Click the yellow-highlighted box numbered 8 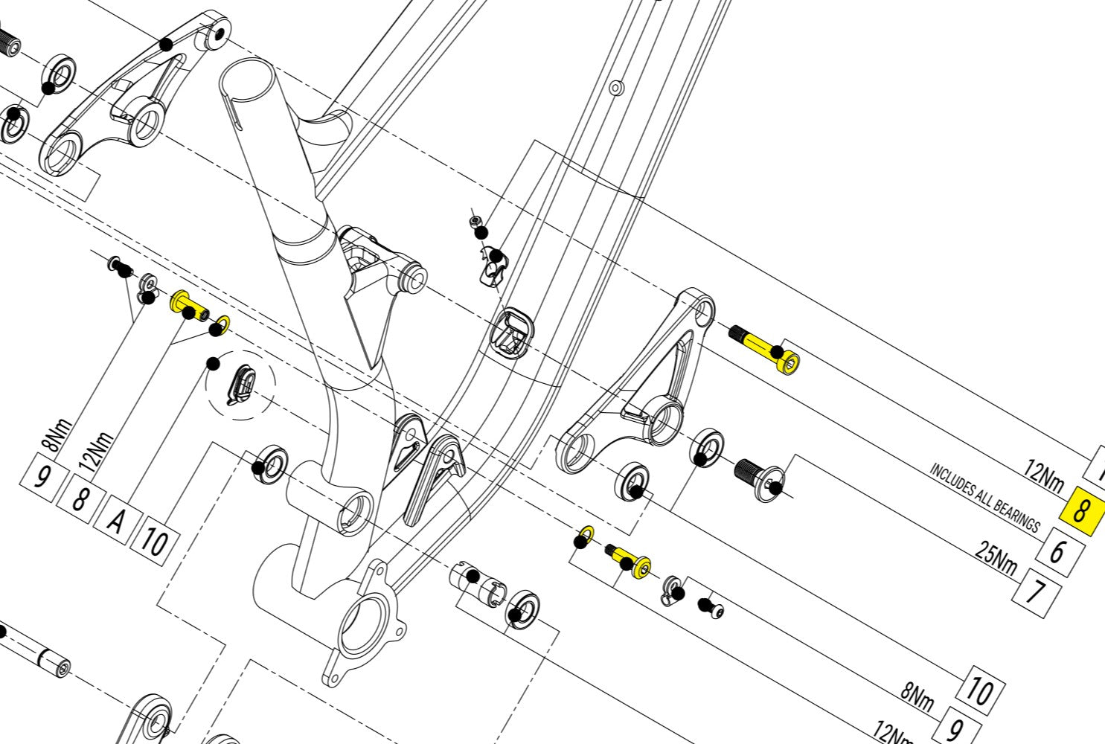click(x=1083, y=510)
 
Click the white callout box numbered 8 click(x=79, y=500)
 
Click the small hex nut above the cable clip click(x=474, y=222)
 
